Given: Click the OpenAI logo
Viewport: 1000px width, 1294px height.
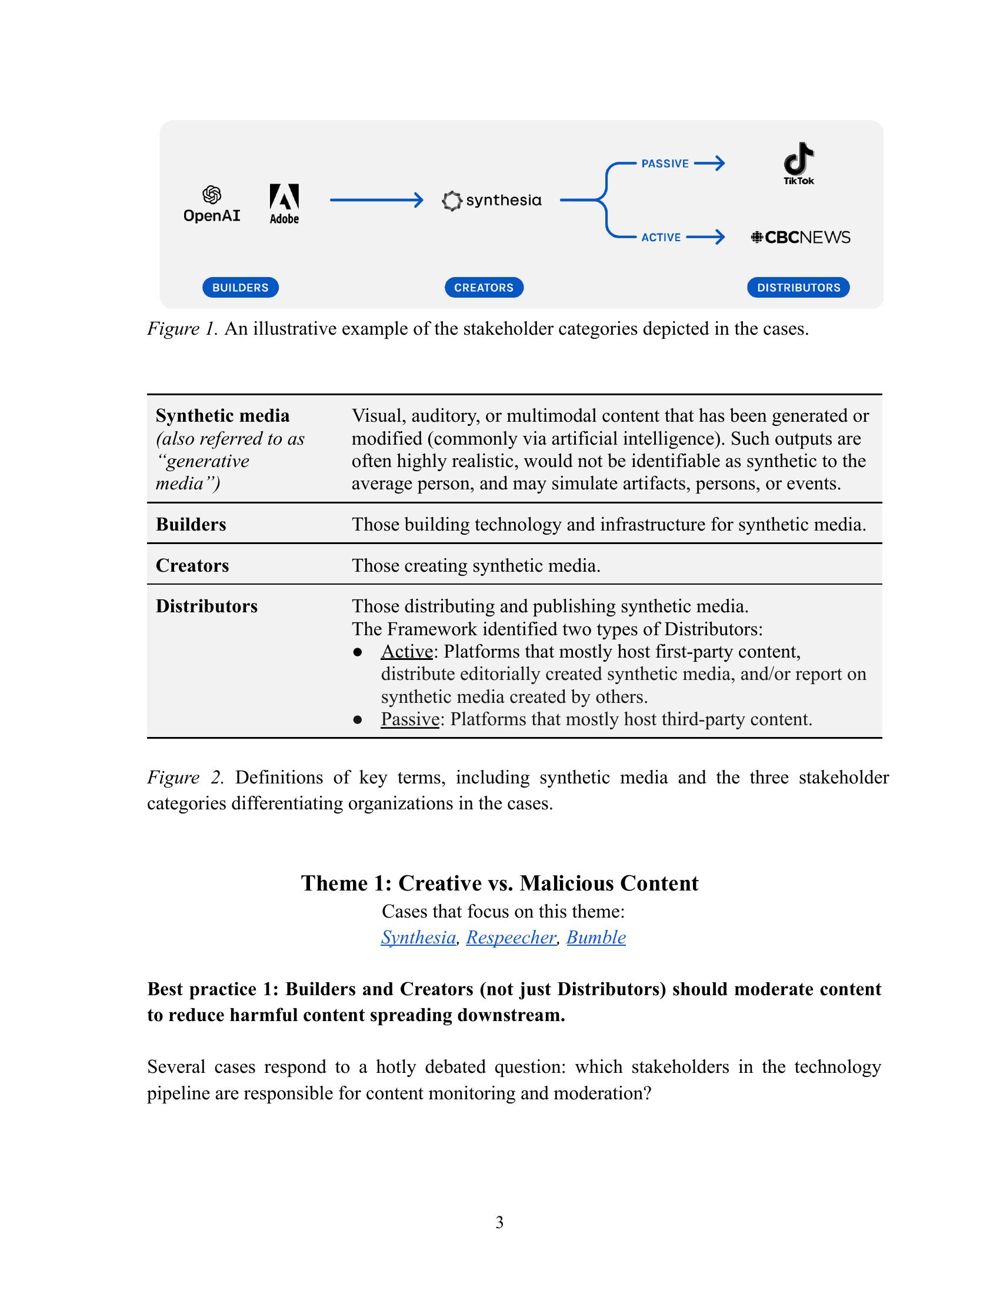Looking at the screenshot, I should point(212,204).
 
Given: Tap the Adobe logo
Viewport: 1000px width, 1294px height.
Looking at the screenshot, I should point(284,204).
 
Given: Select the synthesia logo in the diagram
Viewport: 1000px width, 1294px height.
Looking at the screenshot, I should point(492,201).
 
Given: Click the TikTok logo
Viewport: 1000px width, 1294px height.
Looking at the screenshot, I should point(799,164).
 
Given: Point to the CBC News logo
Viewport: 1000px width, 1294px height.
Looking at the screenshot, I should point(801,238).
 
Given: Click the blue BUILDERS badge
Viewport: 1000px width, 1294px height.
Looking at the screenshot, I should point(241,288).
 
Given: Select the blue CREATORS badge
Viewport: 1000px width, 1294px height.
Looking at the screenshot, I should point(484,288).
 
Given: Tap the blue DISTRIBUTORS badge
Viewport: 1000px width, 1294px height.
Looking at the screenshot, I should point(798,288).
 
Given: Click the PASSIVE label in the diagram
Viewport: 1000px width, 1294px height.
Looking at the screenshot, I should point(665,164).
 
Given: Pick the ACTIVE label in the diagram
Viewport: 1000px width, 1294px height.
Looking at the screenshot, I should point(661,238).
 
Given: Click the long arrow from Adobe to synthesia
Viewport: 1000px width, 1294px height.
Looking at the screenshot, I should point(376,201).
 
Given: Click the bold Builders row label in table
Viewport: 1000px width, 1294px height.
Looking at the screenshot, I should point(191,524).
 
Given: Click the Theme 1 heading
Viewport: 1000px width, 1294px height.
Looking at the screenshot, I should point(499,883).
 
